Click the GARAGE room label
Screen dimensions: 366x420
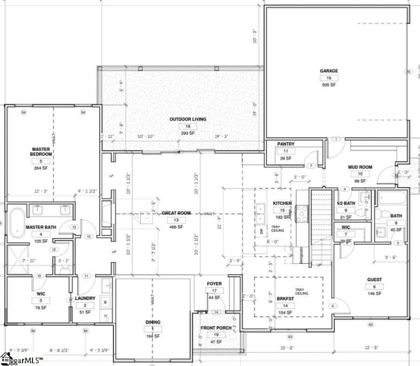click(x=329, y=71)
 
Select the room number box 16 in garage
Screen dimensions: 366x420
click(x=329, y=78)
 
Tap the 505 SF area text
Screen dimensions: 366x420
click(x=329, y=85)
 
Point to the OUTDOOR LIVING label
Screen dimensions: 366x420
click(x=187, y=119)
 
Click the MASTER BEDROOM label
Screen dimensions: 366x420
click(x=40, y=152)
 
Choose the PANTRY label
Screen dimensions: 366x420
click(x=286, y=144)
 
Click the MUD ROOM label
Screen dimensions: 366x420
click(x=360, y=167)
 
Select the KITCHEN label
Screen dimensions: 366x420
click(x=281, y=204)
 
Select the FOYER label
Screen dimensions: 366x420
click(x=214, y=284)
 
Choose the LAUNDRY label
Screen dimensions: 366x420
click(x=85, y=298)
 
